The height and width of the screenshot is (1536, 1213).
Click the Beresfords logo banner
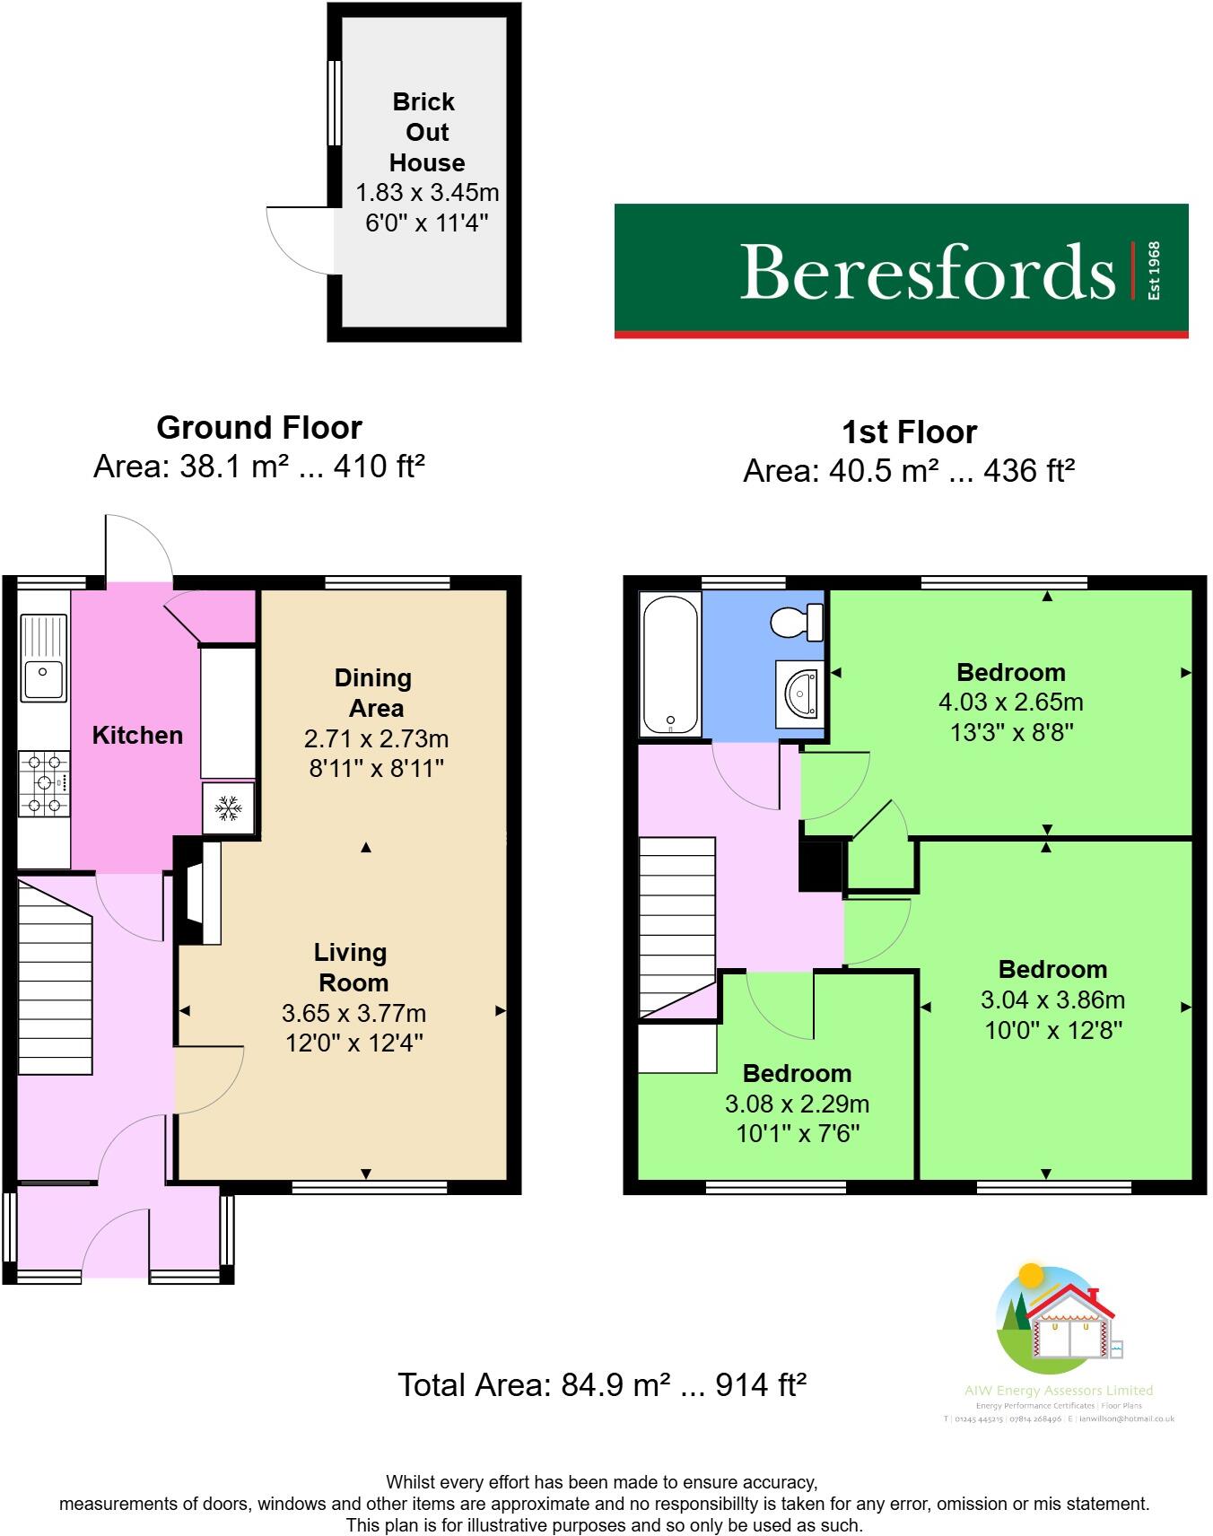901,270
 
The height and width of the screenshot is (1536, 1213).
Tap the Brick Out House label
426,132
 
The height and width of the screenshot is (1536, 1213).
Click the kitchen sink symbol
43,657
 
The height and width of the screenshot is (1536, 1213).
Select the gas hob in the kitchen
44,783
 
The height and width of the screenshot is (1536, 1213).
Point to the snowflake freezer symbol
229,809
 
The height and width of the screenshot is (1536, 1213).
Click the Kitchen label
137,736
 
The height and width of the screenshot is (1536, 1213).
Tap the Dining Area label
374,693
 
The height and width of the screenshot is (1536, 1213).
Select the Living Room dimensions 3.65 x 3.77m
353,1014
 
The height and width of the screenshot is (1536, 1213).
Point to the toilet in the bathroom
798,620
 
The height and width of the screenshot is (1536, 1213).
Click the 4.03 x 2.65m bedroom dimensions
1010,703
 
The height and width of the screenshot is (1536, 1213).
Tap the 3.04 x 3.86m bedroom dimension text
1052,1000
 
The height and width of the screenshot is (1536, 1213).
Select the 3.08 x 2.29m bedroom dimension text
797,1104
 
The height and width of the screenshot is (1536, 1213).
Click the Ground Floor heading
259,428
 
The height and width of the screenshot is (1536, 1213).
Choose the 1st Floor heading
909,432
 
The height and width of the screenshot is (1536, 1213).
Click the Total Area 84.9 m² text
602,1385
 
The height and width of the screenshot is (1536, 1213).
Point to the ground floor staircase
56,978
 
